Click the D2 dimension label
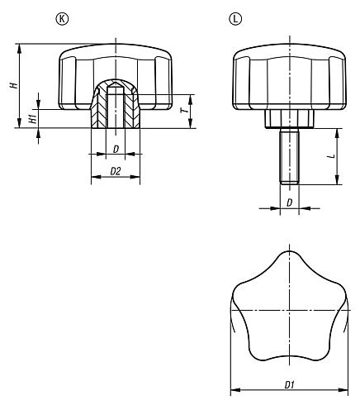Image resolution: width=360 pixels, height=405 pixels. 116,171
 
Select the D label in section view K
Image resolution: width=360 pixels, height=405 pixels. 116,148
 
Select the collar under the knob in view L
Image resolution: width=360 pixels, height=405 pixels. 288,119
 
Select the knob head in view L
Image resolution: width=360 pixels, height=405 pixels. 288,79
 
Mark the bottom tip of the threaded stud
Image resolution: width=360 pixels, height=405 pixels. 288,181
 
